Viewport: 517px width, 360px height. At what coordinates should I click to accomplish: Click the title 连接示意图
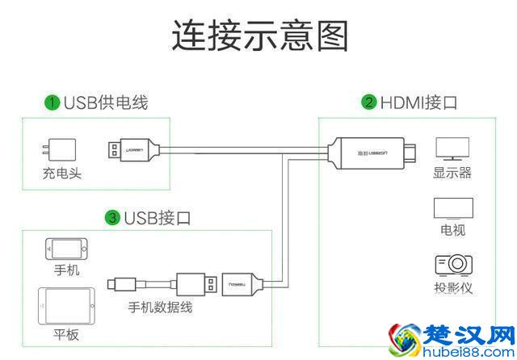coord(259,36)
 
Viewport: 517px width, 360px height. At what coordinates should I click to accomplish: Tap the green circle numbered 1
coord(53,103)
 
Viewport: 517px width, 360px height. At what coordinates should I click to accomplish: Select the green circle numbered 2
coord(369,103)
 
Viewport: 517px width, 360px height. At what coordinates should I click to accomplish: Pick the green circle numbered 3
coord(113,217)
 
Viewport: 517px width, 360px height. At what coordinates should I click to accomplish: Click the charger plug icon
coord(60,150)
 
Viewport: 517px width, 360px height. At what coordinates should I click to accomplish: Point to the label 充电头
coord(61,173)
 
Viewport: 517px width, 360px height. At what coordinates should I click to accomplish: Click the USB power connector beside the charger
coord(133,149)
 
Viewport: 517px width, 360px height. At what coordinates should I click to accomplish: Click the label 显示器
coord(452,173)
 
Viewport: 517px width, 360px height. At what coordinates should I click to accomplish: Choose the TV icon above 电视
coord(452,208)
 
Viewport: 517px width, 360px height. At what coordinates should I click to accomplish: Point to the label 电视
coord(452,230)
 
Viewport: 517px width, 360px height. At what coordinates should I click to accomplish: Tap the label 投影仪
coord(452,288)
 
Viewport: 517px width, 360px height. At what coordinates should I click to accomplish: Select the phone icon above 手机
coord(65,247)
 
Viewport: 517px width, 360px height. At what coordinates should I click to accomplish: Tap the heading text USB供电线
coord(106,103)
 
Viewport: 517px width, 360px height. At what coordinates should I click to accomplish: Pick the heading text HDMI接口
coord(420,103)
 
